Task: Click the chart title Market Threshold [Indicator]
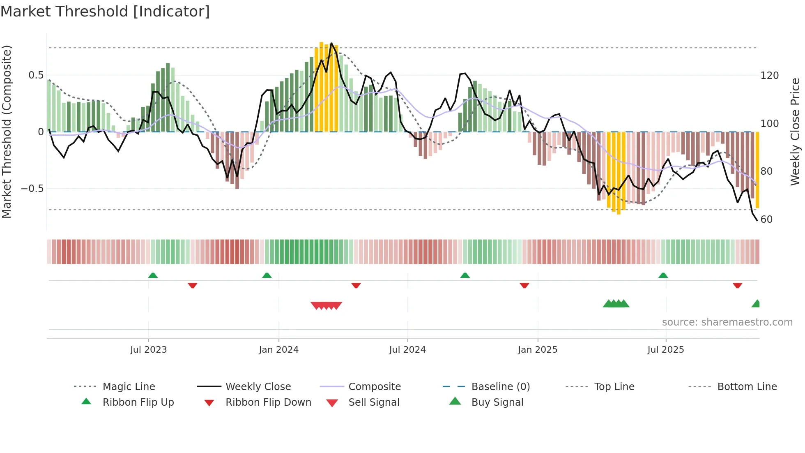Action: [105, 12]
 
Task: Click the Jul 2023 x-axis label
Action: [148, 350]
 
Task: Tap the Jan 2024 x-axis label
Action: [278, 350]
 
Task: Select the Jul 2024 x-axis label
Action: [407, 350]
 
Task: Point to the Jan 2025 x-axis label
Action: [537, 350]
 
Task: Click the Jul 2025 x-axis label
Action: [665, 350]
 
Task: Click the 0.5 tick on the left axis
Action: [36, 75]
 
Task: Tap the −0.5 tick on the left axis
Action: [32, 189]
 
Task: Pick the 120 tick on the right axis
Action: [769, 76]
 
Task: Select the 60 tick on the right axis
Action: [766, 220]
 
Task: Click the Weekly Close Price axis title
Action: [795, 132]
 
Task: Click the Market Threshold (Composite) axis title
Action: [7, 132]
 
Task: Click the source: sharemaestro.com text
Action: [727, 322]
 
